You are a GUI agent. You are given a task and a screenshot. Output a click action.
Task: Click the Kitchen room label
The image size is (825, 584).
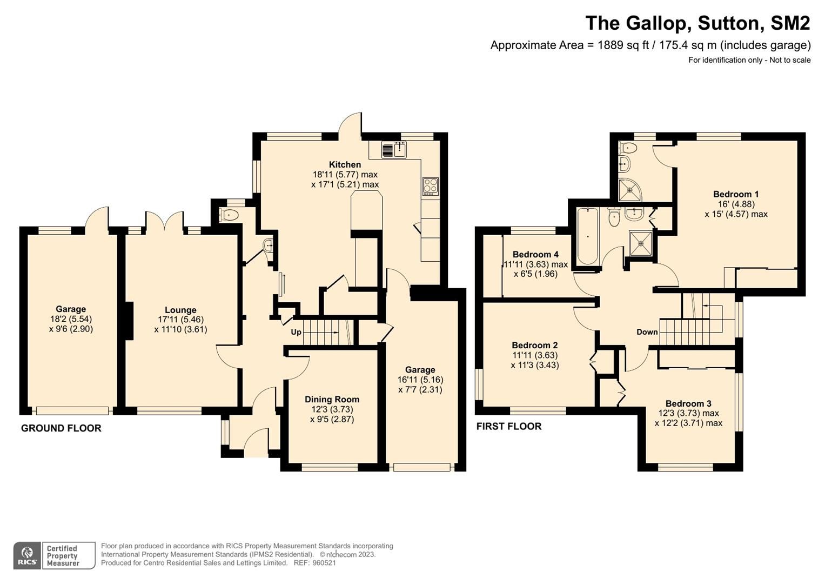[x=345, y=164]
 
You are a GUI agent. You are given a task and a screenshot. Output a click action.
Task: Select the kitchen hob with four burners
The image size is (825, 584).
[x=431, y=186]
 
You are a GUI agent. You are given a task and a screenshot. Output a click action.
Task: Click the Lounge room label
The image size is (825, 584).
[x=180, y=310]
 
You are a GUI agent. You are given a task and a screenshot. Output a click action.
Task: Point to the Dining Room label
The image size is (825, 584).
[x=332, y=400]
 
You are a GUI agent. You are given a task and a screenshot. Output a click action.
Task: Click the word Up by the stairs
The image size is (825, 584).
[x=296, y=332]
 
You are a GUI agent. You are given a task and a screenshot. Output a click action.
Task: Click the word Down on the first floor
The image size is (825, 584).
[x=647, y=332]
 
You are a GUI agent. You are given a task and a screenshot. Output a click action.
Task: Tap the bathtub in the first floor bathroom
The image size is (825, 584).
[x=587, y=236]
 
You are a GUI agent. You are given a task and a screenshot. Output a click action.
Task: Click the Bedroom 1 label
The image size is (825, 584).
[x=736, y=194]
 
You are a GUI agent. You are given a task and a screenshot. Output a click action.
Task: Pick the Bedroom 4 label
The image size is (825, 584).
[x=535, y=254]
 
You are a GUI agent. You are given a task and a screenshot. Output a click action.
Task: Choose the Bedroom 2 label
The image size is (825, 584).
[x=535, y=345]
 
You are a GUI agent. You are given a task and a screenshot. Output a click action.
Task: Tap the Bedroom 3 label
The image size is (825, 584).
[x=688, y=403]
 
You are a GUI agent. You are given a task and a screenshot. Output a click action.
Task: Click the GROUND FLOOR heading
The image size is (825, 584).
[x=61, y=428]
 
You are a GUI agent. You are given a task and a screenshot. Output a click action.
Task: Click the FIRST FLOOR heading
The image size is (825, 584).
[x=508, y=426]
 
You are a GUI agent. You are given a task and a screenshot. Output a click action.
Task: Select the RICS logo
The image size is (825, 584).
[x=27, y=556]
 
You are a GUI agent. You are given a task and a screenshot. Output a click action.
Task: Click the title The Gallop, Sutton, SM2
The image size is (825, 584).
[x=697, y=23]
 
